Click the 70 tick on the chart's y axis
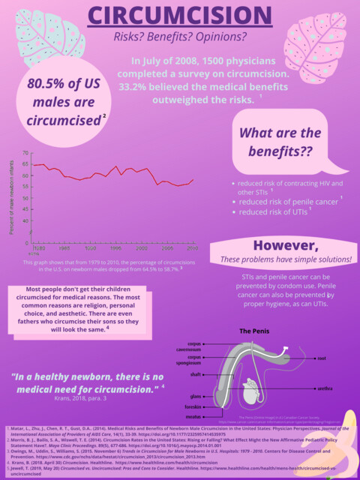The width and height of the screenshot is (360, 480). pyautogui.click(x=25, y=153)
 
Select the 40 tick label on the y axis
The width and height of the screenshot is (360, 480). pyautogui.click(x=25, y=220)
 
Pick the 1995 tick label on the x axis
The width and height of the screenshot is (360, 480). pyautogui.click(x=115, y=247)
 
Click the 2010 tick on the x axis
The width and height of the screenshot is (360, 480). pyautogui.click(x=193, y=247)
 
